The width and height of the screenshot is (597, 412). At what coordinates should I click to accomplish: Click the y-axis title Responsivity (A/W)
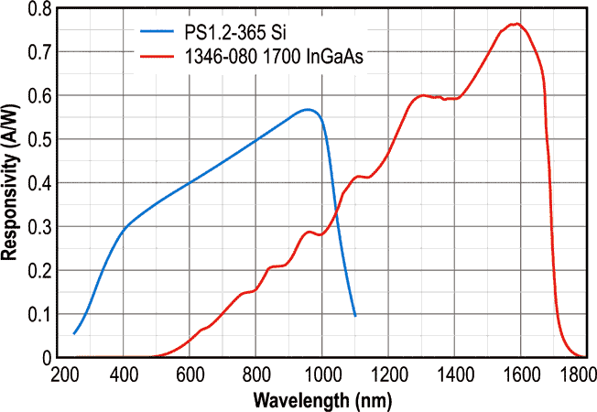click(12, 182)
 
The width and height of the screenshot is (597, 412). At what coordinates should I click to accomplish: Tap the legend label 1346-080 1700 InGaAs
click(273, 58)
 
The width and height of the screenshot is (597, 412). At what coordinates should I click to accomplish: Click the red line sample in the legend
click(162, 57)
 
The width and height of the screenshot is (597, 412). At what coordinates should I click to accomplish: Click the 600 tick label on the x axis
click(190, 375)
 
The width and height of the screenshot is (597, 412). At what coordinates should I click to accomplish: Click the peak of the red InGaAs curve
click(517, 24)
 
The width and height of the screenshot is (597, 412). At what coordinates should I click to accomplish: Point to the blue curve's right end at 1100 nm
click(354, 316)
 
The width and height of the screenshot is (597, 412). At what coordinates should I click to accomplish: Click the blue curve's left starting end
click(74, 333)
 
